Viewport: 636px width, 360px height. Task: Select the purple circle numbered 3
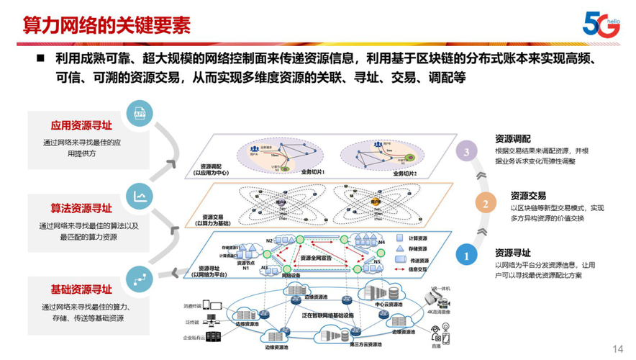point(468,152)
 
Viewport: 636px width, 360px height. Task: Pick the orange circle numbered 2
point(486,204)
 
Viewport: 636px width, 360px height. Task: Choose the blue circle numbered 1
point(467,255)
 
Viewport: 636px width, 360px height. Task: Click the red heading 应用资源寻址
point(81,125)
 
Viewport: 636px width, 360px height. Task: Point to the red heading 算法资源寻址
point(81,209)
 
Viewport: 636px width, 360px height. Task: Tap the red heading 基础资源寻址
point(81,290)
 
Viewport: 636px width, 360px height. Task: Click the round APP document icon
point(140,113)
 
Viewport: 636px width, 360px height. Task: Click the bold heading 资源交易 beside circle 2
point(528,195)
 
